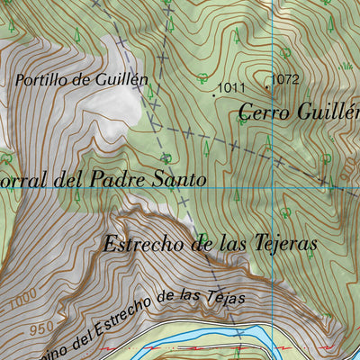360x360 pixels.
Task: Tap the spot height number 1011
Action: point(232,87)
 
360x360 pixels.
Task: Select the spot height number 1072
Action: point(284,79)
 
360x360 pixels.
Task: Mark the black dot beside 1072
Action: point(267,86)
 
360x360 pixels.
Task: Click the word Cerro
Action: point(269,112)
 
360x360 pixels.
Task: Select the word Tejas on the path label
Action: point(225,296)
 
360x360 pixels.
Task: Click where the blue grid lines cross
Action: point(272,188)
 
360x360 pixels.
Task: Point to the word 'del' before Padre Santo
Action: point(71,179)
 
